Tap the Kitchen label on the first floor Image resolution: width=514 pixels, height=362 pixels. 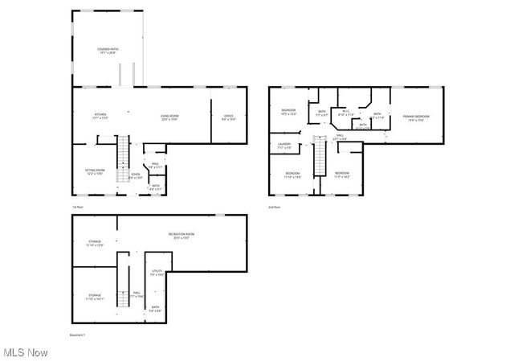(x=100, y=117)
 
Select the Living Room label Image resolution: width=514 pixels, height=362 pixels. (x=169, y=117)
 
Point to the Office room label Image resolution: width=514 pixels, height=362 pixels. (x=229, y=117)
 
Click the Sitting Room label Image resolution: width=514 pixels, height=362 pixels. (x=96, y=171)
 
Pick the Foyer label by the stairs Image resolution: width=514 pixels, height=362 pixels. (x=136, y=175)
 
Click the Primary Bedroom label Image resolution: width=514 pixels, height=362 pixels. (x=416, y=117)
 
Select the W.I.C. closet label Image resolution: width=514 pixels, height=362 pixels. (x=346, y=113)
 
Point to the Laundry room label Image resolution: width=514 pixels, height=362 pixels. (x=284, y=146)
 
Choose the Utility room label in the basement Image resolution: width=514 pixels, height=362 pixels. (x=156, y=273)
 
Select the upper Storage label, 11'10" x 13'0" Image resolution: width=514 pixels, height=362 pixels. (x=95, y=244)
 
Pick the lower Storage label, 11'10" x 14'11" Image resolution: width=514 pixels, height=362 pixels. (x=95, y=296)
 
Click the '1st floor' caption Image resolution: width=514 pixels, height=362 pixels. (x=77, y=207)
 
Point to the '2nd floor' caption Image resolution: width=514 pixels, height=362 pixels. (x=274, y=207)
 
